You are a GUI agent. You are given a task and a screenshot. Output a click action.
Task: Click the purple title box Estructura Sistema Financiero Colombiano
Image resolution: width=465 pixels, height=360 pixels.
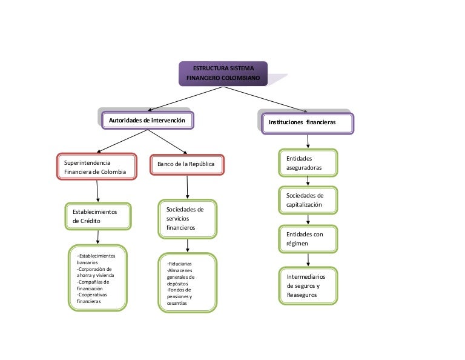[223, 73]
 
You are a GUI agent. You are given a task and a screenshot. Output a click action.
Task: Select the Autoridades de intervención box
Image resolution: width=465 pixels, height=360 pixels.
[147, 120]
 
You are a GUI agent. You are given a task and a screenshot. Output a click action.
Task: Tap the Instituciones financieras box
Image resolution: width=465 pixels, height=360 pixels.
[308, 123]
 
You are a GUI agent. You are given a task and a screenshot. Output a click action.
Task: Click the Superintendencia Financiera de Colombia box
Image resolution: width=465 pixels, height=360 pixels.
[97, 167]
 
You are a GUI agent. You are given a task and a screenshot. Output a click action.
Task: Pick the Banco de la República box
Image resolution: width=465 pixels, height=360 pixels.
[187, 164]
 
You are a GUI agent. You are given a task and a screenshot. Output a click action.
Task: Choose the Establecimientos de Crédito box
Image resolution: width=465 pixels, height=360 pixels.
[98, 216]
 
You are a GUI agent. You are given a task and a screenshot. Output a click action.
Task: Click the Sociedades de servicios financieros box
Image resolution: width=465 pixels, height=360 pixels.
[188, 219]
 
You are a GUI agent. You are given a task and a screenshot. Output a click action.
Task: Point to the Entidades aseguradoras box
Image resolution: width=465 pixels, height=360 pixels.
[308, 162]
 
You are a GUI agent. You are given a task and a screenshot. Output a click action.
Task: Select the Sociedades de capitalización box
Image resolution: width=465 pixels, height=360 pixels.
[308, 200]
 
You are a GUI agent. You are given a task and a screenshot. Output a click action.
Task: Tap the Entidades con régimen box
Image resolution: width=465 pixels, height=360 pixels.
[308, 239]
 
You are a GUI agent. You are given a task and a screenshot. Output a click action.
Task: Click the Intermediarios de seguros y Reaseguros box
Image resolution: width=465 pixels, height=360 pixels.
[308, 286]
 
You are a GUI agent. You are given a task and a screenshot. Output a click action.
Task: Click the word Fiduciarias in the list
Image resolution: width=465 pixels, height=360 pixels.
[180, 264]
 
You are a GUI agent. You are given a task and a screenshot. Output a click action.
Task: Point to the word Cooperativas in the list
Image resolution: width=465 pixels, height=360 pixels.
[92, 295]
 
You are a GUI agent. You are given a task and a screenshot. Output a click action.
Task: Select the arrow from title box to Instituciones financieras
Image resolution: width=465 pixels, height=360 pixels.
[265, 99]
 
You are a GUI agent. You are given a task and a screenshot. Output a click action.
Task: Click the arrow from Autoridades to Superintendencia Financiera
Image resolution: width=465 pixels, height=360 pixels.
[122, 141]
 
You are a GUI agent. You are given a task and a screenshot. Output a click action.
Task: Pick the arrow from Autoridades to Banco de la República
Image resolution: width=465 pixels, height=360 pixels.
[167, 142]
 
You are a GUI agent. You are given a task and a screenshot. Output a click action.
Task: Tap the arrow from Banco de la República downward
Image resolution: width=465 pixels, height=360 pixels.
[187, 187]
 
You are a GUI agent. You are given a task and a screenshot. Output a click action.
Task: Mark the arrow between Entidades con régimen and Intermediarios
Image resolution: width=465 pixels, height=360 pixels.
[308, 259]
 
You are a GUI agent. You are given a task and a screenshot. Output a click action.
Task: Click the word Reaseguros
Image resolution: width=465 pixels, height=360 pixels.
[302, 295]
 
